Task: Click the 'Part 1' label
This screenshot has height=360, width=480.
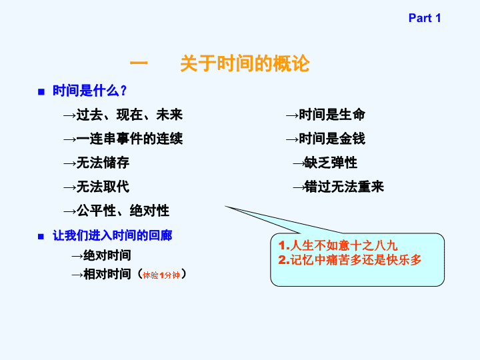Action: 425,18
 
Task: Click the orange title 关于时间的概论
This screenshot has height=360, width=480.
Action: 245,64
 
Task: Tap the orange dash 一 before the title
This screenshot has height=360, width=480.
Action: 139,63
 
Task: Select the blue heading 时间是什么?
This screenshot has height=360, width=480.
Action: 90,91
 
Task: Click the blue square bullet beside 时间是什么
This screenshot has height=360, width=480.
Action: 41,92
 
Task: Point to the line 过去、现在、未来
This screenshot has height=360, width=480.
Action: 129,115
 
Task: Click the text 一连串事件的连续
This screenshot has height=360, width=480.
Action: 129,139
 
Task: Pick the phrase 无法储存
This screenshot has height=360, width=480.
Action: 103,163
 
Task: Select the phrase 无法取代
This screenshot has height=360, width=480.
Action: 103,187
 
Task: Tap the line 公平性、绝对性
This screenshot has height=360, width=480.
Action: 123,211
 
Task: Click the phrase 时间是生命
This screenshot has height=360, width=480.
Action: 332,115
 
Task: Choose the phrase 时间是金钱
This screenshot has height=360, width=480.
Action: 332,139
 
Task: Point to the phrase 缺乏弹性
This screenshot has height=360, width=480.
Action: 331,163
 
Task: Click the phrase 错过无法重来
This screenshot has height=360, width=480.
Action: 344,187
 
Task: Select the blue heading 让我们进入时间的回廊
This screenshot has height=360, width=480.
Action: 113,235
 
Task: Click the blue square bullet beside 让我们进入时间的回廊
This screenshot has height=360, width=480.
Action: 41,237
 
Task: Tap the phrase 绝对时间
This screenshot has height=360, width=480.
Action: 107,255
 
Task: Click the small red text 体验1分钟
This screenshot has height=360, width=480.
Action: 161,275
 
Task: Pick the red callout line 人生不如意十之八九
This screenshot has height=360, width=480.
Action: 338,245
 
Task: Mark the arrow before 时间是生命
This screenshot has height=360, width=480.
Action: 292,116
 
